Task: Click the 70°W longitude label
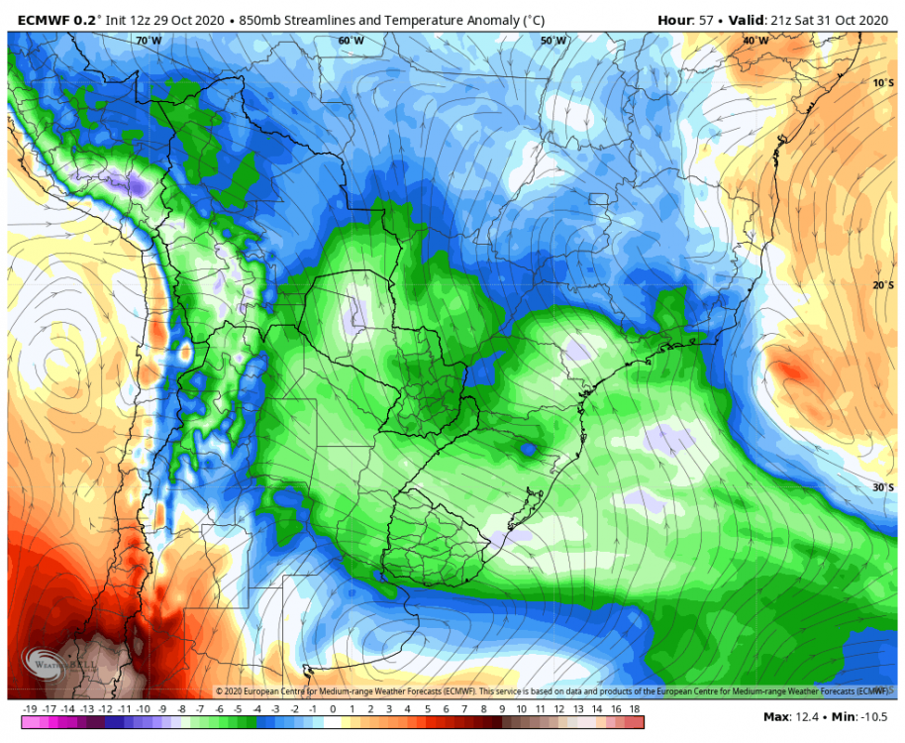149,41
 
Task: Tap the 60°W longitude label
351,41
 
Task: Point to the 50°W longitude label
553,41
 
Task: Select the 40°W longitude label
756,41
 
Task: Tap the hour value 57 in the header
707,18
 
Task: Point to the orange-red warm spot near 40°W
789,372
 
